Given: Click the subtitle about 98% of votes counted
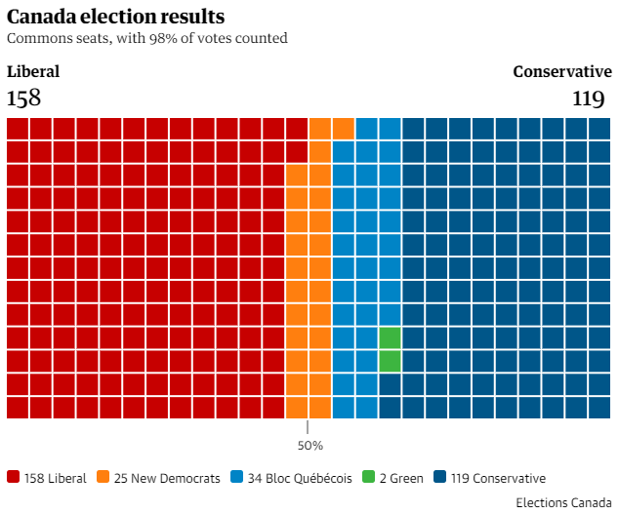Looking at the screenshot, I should pyautogui.click(x=146, y=39).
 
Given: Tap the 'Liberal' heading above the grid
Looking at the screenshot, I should pyautogui.click(x=33, y=71).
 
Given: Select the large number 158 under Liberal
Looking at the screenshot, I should pyautogui.click(x=23, y=98).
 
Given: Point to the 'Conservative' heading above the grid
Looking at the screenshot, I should pyautogui.click(x=562, y=71).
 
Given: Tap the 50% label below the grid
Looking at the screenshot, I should pyautogui.click(x=309, y=446).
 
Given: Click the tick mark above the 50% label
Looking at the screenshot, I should pyautogui.click(x=308, y=427).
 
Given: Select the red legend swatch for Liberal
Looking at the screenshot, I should pyautogui.click(x=14, y=477).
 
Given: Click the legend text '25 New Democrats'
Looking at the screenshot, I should pyautogui.click(x=167, y=478).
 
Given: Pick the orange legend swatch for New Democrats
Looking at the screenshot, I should pyautogui.click(x=105, y=477).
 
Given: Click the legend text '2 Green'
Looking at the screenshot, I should pyautogui.click(x=401, y=478).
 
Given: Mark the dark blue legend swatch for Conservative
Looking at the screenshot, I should pyautogui.click(x=440, y=477).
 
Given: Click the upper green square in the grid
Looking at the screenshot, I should pyautogui.click(x=390, y=337).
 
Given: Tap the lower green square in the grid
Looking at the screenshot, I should pyautogui.click(x=390, y=361).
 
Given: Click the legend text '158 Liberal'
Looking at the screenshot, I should pyautogui.click(x=56, y=478).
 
